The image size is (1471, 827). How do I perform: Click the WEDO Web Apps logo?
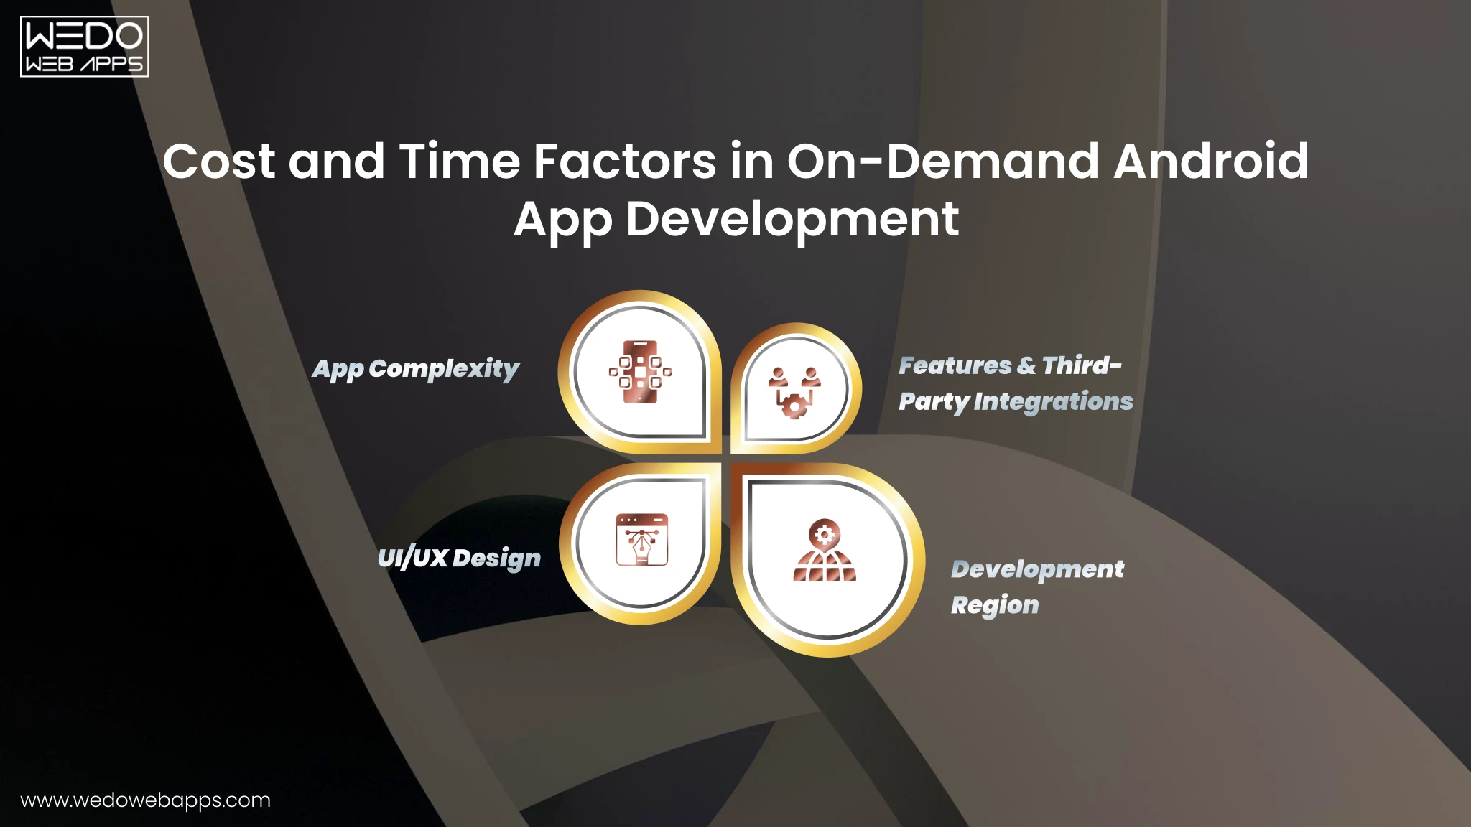click(84, 47)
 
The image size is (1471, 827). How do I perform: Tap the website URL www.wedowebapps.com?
click(145, 800)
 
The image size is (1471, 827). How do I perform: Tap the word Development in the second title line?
click(792, 219)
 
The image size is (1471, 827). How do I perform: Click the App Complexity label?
click(415, 369)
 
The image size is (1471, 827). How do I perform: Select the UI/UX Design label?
click(459, 558)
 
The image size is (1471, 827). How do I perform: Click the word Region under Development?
click(995, 605)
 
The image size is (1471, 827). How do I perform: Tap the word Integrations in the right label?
click(1053, 401)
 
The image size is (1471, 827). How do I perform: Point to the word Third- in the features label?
click(1081, 365)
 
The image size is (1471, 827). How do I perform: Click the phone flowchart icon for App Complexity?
click(640, 372)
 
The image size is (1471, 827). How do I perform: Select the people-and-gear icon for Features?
click(794, 392)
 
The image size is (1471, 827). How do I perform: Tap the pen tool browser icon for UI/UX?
click(641, 539)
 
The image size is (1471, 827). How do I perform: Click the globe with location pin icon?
click(825, 551)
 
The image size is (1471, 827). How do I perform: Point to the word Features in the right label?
click(955, 365)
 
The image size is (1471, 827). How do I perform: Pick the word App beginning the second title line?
click(562, 219)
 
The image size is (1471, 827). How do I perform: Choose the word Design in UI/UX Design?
click(496, 558)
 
